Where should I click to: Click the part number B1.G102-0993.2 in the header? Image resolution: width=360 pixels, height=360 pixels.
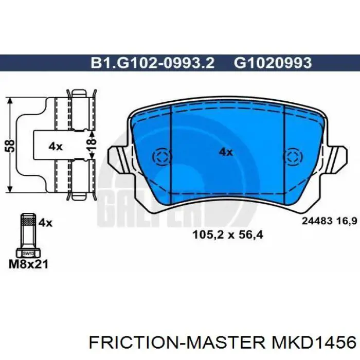[x=153, y=62]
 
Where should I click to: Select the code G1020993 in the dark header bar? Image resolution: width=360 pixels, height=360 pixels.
[x=273, y=62]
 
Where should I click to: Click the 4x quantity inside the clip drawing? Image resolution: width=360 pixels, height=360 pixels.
[x=55, y=146]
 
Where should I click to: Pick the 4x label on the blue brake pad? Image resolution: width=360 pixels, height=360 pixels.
[x=226, y=152]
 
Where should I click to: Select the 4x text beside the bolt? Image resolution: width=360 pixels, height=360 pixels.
[x=46, y=222]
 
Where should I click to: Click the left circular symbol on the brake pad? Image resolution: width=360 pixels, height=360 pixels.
[x=160, y=157]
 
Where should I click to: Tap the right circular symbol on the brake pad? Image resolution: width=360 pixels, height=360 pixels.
[x=293, y=157]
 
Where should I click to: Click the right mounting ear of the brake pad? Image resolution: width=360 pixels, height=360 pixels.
[x=338, y=157]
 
